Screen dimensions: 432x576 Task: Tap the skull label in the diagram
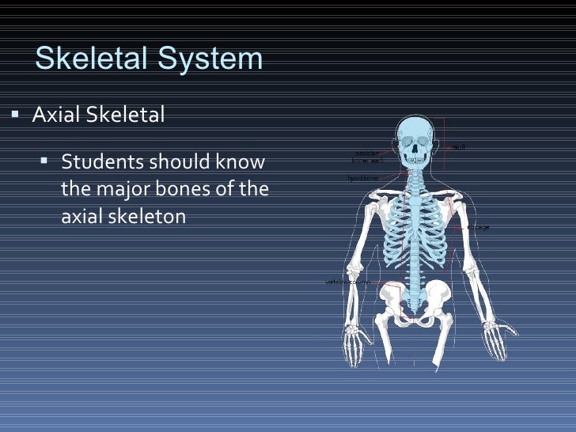pyautogui.click(x=458, y=146)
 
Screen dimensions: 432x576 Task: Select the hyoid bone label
pyautogui.click(x=362, y=178)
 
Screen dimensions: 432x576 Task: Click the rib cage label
pyautogui.click(x=478, y=227)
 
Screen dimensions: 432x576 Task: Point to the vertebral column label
pyautogui.click(x=348, y=282)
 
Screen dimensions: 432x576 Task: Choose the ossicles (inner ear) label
pyautogui.click(x=366, y=157)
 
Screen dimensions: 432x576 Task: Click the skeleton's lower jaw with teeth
pyautogui.click(x=412, y=161)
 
